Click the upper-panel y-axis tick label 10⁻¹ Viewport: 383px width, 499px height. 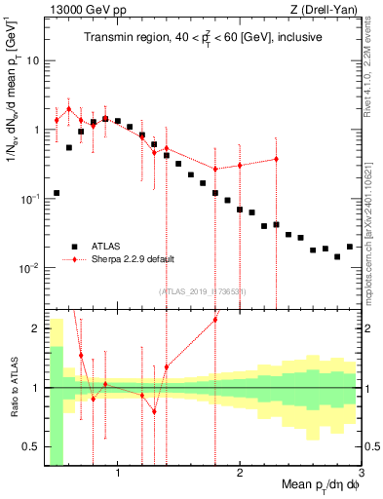[29, 199]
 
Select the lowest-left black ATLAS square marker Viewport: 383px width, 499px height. [57, 193]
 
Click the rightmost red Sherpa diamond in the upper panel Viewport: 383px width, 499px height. [276, 159]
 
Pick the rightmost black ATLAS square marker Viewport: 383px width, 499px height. [350, 248]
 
